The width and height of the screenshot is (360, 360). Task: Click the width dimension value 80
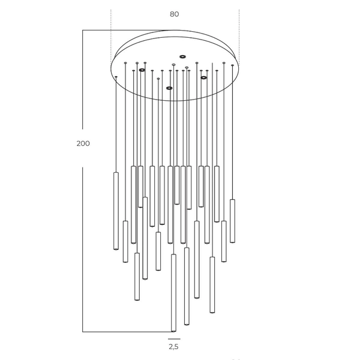pyautogui.click(x=174, y=14)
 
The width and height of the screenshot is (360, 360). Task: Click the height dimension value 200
pyautogui.click(x=83, y=143)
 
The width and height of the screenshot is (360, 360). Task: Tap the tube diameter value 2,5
pyautogui.click(x=173, y=346)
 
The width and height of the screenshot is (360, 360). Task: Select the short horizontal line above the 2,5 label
pyautogui.click(x=174, y=338)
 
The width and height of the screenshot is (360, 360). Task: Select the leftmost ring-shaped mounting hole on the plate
pyautogui.click(x=142, y=70)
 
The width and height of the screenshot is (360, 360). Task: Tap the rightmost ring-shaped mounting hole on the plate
pyautogui.click(x=204, y=77)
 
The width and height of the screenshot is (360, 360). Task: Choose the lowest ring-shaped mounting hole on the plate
pyautogui.click(x=169, y=88)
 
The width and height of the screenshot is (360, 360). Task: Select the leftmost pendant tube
pyautogui.click(x=116, y=211)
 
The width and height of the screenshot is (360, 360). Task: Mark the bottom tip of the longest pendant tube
pyautogui.click(x=174, y=330)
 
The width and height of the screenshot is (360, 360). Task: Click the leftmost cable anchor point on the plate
pyautogui.click(x=116, y=77)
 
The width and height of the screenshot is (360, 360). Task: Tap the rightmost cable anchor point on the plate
pyautogui.click(x=232, y=65)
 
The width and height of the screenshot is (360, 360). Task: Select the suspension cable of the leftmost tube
pyautogui.click(x=116, y=126)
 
